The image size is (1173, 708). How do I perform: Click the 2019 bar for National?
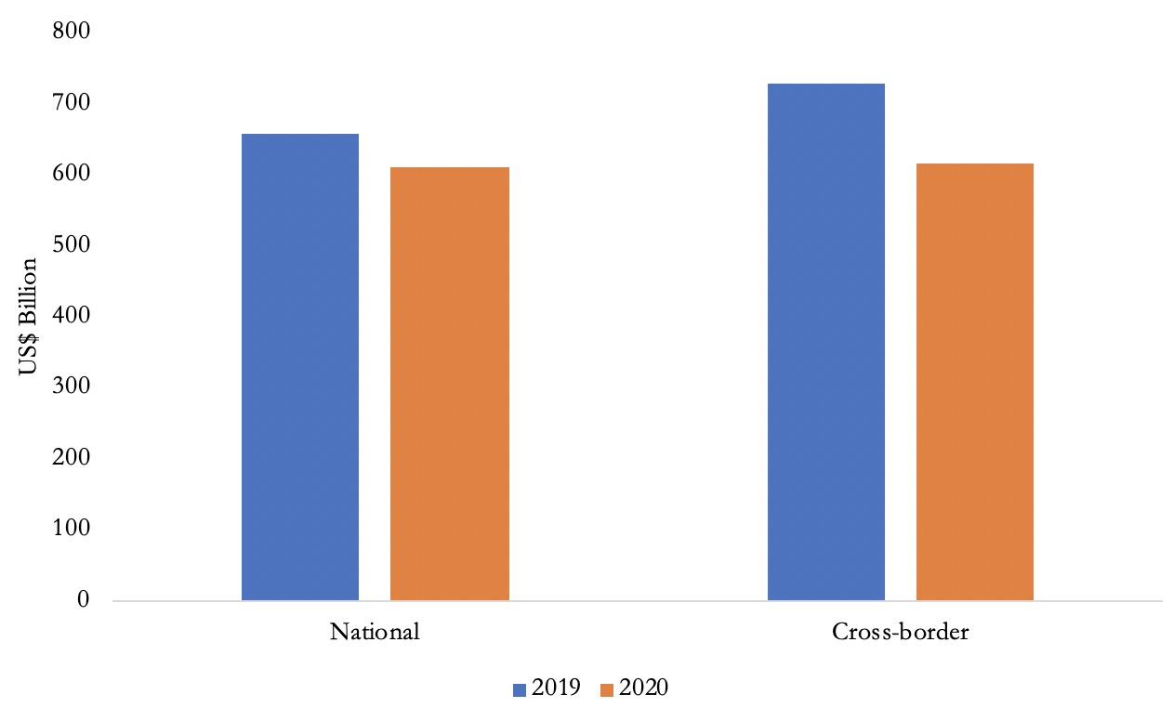click(300, 367)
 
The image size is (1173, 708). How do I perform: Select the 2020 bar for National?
click(449, 384)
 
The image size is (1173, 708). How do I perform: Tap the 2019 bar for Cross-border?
click(826, 342)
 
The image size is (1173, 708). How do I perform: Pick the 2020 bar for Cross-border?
click(975, 382)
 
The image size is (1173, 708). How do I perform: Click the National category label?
click(375, 633)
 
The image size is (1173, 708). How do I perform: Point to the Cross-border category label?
click(901, 633)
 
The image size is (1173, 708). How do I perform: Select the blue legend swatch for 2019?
click(520, 688)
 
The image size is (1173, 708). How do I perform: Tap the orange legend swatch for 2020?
click(607, 688)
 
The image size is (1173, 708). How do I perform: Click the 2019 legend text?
click(557, 688)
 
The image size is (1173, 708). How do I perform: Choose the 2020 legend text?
click(644, 688)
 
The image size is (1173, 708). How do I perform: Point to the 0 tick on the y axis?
click(82, 600)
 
